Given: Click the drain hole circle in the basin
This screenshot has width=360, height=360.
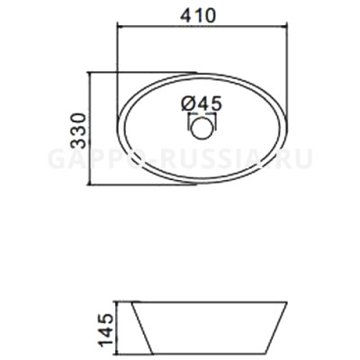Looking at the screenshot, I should [203, 129].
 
